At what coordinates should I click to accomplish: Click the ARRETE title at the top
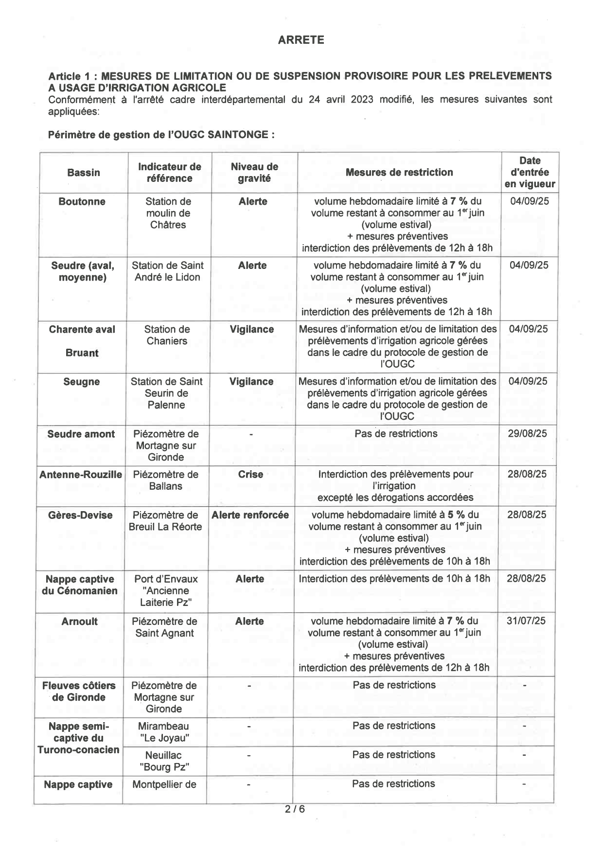301,40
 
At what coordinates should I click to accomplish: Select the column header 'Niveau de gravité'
254,173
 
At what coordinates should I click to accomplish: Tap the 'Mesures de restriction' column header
399,172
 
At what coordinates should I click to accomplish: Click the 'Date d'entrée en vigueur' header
530,172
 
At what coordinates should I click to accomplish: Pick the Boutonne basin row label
82,202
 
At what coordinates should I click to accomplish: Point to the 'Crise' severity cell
250,474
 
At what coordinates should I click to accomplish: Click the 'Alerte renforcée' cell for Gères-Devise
250,515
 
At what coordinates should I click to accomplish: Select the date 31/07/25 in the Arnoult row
526,621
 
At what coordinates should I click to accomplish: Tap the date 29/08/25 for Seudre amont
527,433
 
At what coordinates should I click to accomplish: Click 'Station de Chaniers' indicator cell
167,335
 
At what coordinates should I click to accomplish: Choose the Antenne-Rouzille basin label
81,474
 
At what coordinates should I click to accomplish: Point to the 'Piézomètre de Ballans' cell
166,480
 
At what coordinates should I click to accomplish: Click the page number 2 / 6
295,809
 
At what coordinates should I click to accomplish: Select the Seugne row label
82,382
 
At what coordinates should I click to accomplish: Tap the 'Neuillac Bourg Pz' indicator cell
164,761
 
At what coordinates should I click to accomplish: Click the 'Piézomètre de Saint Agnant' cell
164,627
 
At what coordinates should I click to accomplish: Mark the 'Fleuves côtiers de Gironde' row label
79,691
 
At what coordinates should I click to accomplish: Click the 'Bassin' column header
84,173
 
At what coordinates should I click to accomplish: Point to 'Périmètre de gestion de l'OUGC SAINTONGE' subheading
161,135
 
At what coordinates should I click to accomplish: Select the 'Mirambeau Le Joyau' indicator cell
164,732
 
